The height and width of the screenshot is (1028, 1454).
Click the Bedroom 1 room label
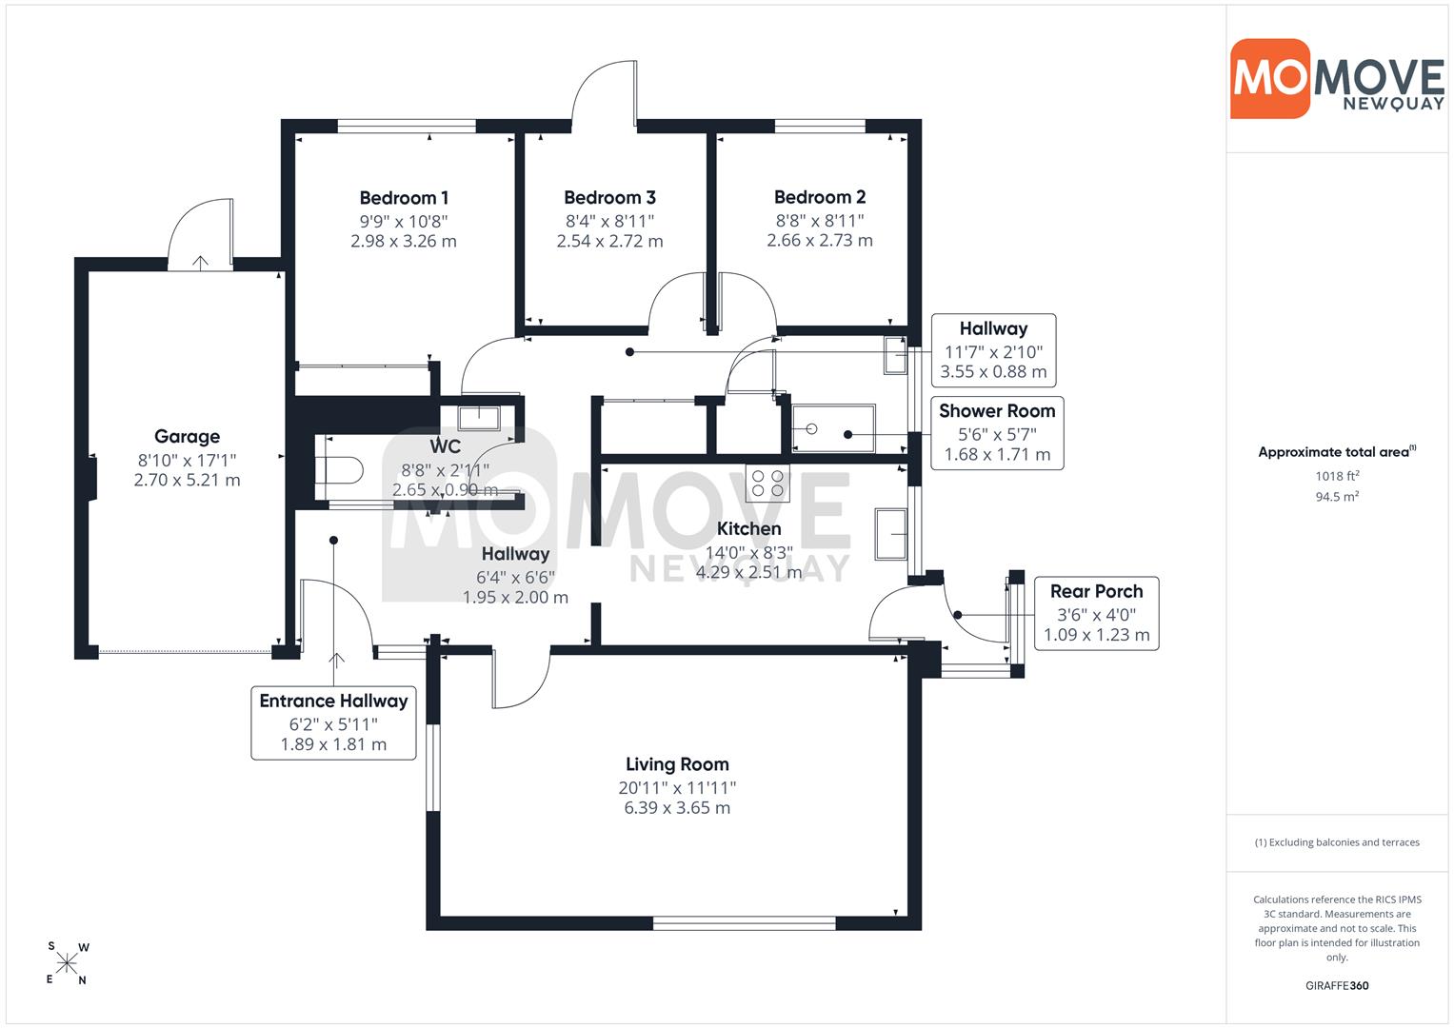click(404, 198)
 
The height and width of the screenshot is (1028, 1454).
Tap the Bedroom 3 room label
click(609, 197)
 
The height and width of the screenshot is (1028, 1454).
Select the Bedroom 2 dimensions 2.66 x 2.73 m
click(820, 240)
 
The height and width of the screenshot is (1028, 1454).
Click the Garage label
click(187, 436)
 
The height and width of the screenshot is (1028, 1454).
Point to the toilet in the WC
click(339, 470)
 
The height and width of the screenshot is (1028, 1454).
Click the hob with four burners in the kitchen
click(767, 484)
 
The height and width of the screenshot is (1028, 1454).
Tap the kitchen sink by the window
click(890, 534)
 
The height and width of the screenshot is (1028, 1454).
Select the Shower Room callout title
click(997, 411)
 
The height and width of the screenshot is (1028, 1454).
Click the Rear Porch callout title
click(1096, 591)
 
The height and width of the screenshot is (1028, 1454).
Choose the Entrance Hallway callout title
click(333, 701)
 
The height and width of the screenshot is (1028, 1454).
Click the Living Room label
click(677, 763)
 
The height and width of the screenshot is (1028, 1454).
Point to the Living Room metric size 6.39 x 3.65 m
click(677, 807)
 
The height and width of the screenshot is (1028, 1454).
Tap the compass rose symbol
click(67, 963)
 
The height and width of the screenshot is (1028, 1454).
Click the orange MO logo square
click(1270, 78)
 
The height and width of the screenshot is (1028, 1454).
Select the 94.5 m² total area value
click(1336, 497)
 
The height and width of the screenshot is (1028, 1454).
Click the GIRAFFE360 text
click(1337, 985)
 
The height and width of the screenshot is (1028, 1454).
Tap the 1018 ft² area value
click(1337, 476)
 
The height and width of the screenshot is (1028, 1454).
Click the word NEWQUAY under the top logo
click(1393, 104)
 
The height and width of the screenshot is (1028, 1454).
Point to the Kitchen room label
click(748, 529)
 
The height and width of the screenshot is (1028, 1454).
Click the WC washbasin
click(479, 418)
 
